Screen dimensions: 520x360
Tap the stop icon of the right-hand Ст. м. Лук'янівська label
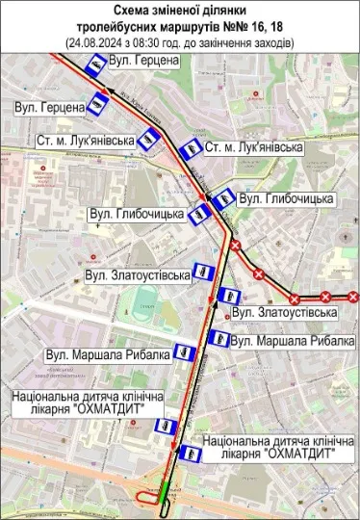[189, 149]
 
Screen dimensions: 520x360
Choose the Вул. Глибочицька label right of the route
[286, 198]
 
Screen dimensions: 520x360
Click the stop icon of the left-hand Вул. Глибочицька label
[199, 214]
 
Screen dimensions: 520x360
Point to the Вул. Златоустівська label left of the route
[138, 275]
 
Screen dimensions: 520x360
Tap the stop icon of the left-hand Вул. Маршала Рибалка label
[185, 354]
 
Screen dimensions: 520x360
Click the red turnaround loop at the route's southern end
[152, 495]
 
